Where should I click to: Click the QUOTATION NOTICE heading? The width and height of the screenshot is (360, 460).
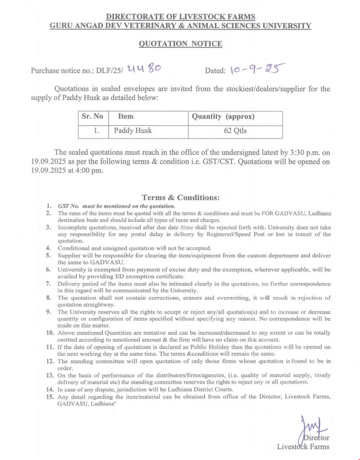(180, 44)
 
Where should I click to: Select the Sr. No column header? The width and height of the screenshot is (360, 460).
(92, 117)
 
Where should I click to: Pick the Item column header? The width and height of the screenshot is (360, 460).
(126, 117)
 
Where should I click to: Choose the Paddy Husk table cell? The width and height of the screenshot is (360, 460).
(133, 131)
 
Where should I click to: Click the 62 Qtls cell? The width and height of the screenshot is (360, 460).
(235, 131)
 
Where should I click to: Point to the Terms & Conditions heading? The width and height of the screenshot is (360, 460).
(181, 197)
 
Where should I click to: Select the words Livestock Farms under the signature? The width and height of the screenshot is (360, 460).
(303, 447)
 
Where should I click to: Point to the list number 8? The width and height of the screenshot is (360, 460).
(49, 298)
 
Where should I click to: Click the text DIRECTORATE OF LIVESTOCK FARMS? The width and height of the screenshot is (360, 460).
(180, 17)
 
